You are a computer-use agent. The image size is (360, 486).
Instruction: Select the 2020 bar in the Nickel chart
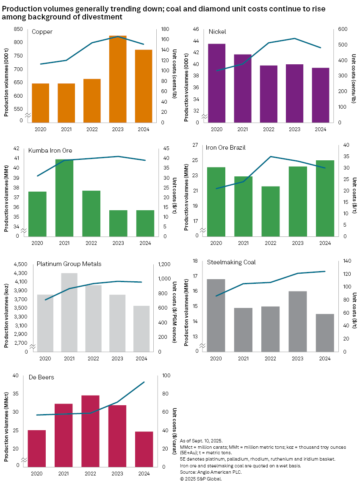(x=216, y=83)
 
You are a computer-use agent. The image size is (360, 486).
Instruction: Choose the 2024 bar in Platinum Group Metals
(x=141, y=328)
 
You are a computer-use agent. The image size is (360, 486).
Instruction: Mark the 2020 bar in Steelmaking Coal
(x=216, y=315)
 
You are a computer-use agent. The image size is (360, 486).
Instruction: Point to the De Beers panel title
(x=41, y=377)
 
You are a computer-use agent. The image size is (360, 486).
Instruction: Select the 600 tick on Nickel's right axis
(x=342, y=29)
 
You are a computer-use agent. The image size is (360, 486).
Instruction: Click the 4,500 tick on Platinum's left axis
(x=20, y=264)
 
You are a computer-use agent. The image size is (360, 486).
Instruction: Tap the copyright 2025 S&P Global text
(x=201, y=479)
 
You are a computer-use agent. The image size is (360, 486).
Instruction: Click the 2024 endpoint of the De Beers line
(x=144, y=382)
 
